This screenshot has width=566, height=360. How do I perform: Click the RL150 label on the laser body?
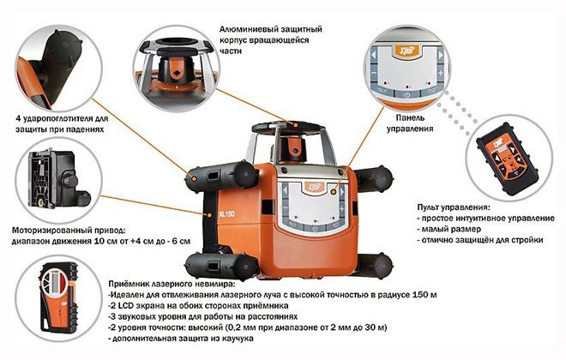[x=226, y=214]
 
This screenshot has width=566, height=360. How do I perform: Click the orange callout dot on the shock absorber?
[x=194, y=179]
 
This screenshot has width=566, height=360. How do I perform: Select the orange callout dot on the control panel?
[x=334, y=192]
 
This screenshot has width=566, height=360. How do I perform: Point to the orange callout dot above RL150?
[x=209, y=215]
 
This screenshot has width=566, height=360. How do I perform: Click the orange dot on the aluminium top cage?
[x=296, y=125]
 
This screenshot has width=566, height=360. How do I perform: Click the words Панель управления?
[x=410, y=123]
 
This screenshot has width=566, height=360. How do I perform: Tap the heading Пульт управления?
[x=454, y=207]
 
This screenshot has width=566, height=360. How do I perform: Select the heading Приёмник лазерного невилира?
[x=172, y=284]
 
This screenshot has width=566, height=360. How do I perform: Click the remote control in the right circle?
[x=507, y=159]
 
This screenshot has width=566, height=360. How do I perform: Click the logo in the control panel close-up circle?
[x=406, y=51]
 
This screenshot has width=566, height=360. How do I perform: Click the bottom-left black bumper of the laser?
[x=221, y=267]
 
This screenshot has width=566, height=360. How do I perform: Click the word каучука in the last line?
[x=238, y=339]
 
